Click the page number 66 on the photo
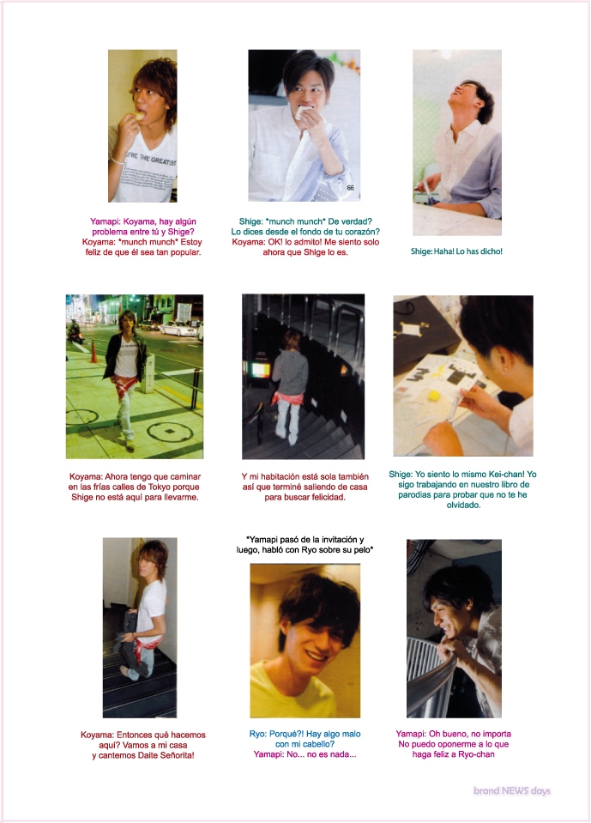tap(350, 188)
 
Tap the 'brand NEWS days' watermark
tap(512, 791)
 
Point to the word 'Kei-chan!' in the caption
tap(506, 474)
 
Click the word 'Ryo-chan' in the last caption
tap(476, 754)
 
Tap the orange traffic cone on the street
tap(93, 351)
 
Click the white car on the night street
tap(178, 329)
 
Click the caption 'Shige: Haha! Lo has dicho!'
tap(456, 251)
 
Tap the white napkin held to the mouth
tap(305, 112)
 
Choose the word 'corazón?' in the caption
tap(361, 232)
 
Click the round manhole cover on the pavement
tap(170, 432)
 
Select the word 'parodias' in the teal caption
tap(415, 495)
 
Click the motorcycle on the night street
tap(75, 333)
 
